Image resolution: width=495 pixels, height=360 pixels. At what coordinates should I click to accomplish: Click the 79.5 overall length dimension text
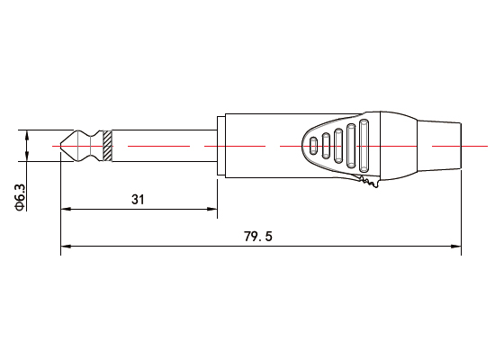point(258,237)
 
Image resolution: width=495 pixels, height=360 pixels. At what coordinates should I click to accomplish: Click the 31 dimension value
point(138,200)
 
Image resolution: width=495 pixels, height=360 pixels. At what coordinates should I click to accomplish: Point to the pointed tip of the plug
point(59,145)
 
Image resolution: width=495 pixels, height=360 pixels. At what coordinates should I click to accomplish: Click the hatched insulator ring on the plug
point(107,145)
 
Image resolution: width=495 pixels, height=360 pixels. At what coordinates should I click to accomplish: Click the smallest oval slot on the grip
point(313,145)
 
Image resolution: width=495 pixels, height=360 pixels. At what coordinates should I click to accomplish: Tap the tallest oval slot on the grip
point(364,145)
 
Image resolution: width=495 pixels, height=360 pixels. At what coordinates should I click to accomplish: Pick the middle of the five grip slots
point(338,145)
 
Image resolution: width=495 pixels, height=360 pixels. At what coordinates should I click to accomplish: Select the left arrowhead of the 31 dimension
point(65,210)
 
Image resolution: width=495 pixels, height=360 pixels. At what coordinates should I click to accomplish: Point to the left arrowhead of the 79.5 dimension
point(65,246)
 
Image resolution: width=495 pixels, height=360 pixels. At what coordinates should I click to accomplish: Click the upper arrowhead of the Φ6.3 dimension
point(27,135)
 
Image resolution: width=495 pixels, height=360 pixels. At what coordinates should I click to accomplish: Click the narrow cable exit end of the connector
point(445,145)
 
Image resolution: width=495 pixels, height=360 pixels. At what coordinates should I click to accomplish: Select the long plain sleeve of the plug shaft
point(162,145)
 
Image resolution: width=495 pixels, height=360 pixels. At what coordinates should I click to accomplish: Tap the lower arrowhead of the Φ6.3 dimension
point(27,157)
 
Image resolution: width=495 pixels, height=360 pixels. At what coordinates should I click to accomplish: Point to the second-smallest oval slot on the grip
point(326,145)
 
